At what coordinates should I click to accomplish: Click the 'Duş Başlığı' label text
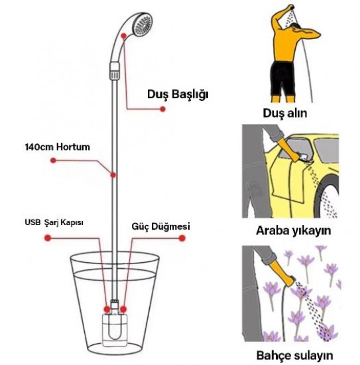[x=178, y=95]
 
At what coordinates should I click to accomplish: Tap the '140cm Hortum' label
[x=57, y=147]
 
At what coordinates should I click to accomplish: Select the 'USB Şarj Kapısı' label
[x=54, y=222]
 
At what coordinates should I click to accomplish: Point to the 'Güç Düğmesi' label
[x=160, y=226]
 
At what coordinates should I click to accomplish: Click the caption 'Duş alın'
[x=285, y=113]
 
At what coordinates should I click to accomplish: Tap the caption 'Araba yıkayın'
[x=294, y=230]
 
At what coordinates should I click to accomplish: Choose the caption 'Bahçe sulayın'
[x=294, y=355]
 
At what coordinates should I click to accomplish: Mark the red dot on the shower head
[x=124, y=36]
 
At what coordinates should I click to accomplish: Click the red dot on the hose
[x=113, y=175]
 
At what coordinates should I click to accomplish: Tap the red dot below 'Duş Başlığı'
[x=163, y=109]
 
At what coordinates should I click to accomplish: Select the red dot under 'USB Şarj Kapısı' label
[x=48, y=238]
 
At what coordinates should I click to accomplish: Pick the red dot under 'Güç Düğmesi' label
[x=182, y=238]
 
